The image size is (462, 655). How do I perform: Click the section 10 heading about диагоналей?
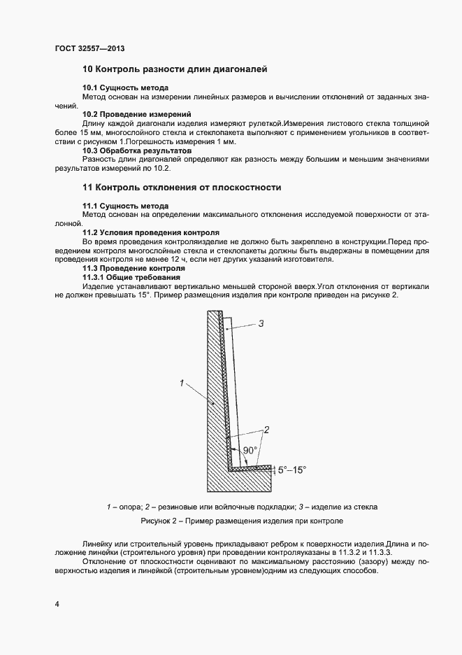tap(175, 69)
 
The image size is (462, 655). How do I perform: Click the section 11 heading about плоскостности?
tap(182, 188)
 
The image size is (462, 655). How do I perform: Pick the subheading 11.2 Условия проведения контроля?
tap(151, 232)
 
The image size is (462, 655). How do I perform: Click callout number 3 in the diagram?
tap(261, 323)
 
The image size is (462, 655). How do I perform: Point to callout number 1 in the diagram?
tap(181, 383)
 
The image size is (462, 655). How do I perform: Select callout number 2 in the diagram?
tap(266, 429)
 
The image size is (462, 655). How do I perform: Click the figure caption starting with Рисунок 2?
tap(242, 521)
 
